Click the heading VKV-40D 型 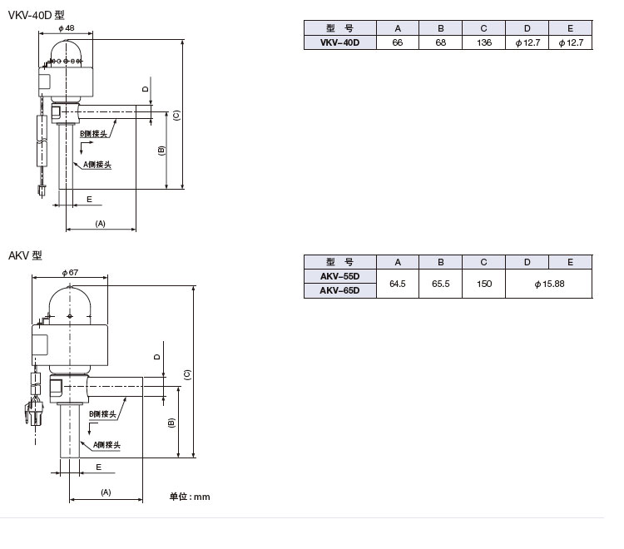(36, 14)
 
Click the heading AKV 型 (25, 255)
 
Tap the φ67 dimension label (70, 272)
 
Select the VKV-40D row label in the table (340, 42)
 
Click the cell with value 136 (483, 42)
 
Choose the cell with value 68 (440, 42)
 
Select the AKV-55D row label (340, 276)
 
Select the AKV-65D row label (340, 290)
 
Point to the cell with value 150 (483, 284)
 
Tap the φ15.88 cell (548, 284)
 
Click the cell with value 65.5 (440, 284)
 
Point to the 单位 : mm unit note (190, 497)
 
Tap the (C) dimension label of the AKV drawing (188, 374)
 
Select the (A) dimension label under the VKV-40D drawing (101, 224)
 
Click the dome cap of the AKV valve (71, 299)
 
